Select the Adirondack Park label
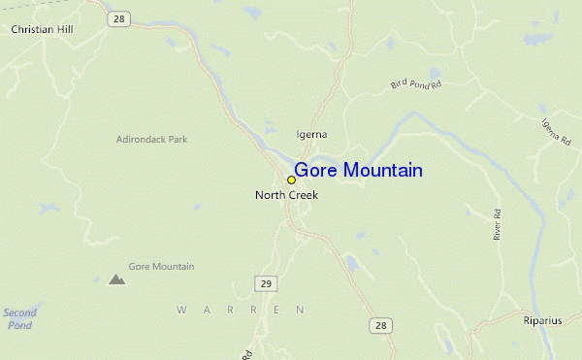[151, 139]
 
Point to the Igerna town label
[311, 134]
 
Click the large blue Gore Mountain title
[358, 171]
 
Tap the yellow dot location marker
[291, 180]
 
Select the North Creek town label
[286, 195]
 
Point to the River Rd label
[497, 225]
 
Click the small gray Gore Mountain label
[161, 266]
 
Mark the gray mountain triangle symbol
[117, 279]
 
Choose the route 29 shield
[267, 282]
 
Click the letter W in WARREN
[181, 310]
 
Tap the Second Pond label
[19, 318]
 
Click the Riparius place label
[542, 320]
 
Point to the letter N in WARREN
[302, 310]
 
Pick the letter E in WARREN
[276, 310]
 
